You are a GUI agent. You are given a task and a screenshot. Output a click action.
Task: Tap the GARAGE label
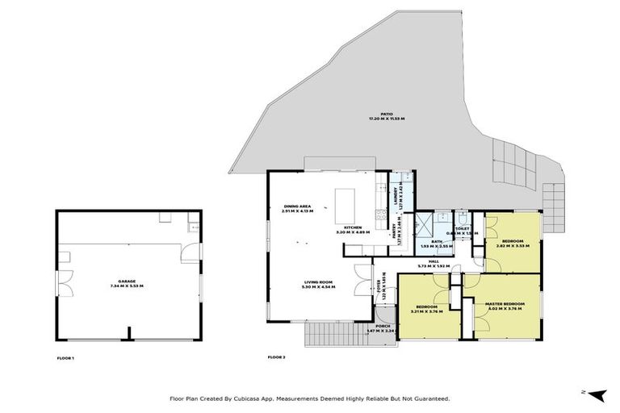pos(126,282)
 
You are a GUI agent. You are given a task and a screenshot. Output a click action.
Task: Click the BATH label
pos(437,242)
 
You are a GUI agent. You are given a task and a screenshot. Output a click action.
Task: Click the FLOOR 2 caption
pos(277,357)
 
